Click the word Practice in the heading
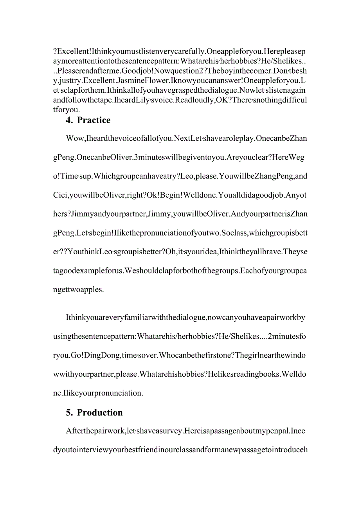click(94, 120)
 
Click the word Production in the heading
click(100, 413)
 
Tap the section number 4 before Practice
click(69, 120)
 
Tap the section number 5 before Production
click(69, 413)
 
